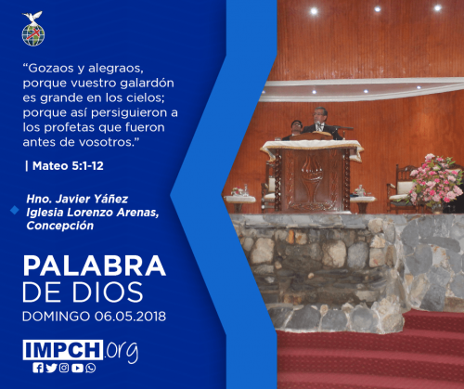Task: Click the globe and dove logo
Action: [33, 29]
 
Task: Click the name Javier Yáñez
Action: [91, 199]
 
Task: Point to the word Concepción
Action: [60, 226]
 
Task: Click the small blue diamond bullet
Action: [15, 210]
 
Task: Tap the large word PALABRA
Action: [95, 266]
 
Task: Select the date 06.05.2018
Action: [130, 317]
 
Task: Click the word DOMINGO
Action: [56, 317]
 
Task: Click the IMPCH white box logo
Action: [63, 350]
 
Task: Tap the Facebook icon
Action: [38, 368]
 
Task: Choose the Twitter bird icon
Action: [51, 368]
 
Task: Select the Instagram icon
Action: [64, 368]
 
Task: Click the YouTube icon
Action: [77, 368]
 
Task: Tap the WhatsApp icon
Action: [91, 368]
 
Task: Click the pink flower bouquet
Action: [435, 180]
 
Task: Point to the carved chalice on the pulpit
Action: [312, 178]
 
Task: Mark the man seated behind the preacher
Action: [295, 129]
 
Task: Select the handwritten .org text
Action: [122, 352]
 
